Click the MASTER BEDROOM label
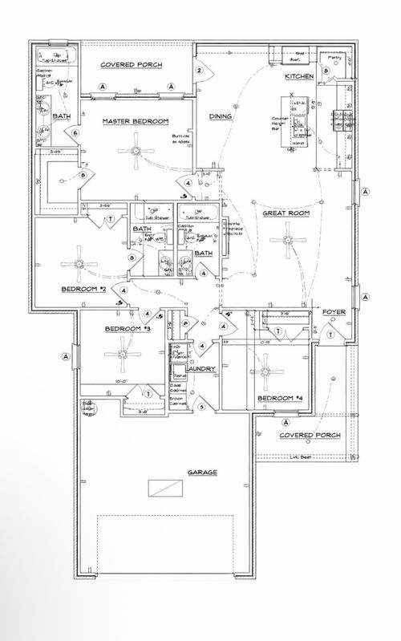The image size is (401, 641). coord(135,121)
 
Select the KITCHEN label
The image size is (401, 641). coord(299,76)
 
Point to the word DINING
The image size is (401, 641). coord(221,117)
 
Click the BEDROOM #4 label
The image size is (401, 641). coord(277,398)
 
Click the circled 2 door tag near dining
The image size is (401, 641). coord(199,70)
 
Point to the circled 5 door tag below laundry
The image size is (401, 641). coord(201,407)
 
